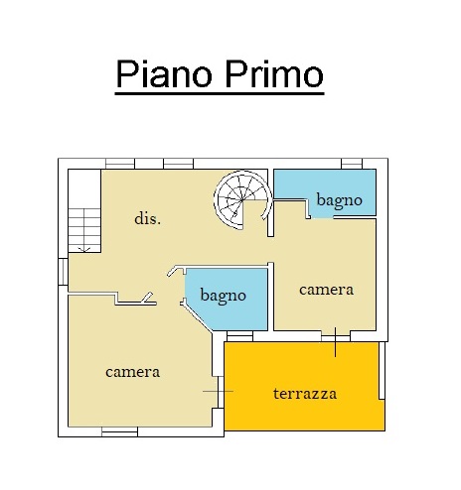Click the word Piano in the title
coord(164,73)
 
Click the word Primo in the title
coord(274,73)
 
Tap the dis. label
coord(148,218)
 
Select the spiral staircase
coord(243,200)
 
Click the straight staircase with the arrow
coord(84,230)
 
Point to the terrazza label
coord(305,394)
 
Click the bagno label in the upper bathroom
coord(339,200)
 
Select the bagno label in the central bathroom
coord(223,296)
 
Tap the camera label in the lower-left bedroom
coord(132,372)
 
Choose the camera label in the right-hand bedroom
coord(326,290)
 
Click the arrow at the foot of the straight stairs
coord(84,249)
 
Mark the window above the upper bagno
coord(352,164)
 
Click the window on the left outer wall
coord(63,272)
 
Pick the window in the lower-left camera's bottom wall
coord(119,431)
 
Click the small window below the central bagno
coord(240,336)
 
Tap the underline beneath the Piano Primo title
coord(220,94)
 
